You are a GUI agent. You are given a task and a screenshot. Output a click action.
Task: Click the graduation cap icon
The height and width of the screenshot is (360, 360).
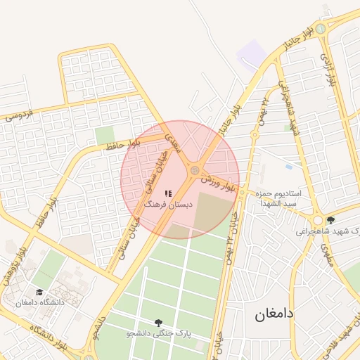pyautogui.click(x=39, y=292)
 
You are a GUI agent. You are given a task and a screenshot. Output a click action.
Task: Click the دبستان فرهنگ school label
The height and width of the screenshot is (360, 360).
pyautogui.click(x=167, y=203)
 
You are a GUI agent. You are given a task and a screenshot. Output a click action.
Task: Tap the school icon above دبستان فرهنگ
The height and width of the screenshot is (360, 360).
pyautogui.click(x=167, y=193)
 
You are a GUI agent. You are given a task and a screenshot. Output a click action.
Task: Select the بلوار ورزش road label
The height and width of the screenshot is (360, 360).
pyautogui.click(x=217, y=184)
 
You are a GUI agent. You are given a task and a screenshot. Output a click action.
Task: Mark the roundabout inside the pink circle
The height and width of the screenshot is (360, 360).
pyautogui.click(x=193, y=169)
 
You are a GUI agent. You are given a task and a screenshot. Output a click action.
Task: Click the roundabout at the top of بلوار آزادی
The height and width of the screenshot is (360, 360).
pyautogui.click(x=321, y=29)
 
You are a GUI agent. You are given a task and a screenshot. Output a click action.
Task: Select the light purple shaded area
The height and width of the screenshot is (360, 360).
pyautogui.click(x=252, y=53)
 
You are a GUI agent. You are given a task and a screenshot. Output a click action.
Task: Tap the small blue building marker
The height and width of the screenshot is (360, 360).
pyautogui.click(x=289, y=167)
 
